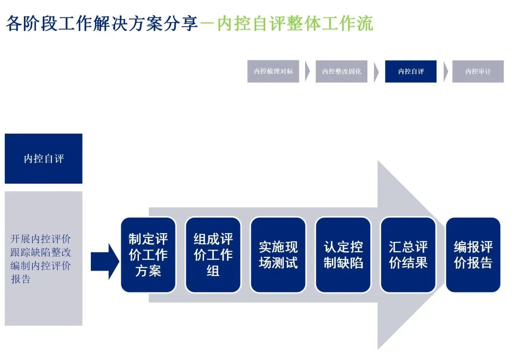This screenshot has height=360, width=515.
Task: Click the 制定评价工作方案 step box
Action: point(148,255)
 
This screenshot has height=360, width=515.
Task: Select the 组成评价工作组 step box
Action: point(213,255)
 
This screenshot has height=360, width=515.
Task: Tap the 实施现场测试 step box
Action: point(278,255)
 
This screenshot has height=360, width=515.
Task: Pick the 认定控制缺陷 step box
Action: point(343,255)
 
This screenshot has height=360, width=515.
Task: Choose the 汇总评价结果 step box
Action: point(408,255)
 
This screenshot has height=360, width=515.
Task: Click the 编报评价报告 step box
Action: point(473,255)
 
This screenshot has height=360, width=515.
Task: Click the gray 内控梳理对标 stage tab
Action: point(273,71)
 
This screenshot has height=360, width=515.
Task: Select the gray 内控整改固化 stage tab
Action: point(342,71)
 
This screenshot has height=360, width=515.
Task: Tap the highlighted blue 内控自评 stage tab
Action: point(411,71)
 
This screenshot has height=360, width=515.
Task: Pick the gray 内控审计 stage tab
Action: point(478,71)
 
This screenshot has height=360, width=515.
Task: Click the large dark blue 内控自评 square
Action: point(44,159)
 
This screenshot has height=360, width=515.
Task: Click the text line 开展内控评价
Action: point(41,239)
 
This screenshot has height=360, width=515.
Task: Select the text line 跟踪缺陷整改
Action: point(41,252)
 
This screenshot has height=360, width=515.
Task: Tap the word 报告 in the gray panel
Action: point(21,279)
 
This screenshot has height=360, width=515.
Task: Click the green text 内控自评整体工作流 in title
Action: point(294,23)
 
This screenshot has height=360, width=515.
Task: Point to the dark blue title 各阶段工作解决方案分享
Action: point(102,23)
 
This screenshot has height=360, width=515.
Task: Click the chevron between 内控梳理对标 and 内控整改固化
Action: point(308,71)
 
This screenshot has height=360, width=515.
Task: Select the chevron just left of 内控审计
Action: point(446,72)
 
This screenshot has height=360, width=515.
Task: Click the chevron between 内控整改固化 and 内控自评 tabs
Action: point(376,72)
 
